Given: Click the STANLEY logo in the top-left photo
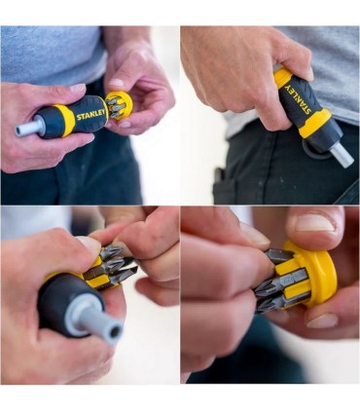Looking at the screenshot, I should pyautogui.click(x=90, y=115).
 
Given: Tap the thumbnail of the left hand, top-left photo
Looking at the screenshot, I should pyautogui.click(x=78, y=88).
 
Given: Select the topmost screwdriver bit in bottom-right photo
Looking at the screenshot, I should pyautogui.click(x=279, y=256).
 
